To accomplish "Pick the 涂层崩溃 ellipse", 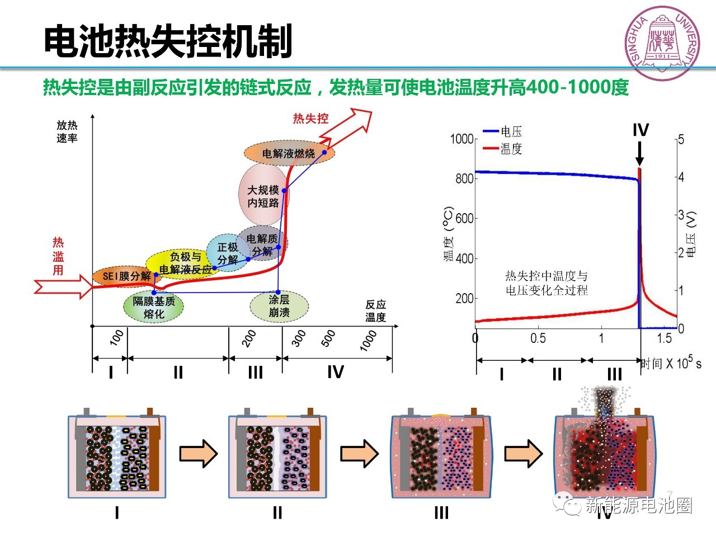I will pos(279,307).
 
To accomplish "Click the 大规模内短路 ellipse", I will pos(263,196).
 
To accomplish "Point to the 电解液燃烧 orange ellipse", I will pos(289,153).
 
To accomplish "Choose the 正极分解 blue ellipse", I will pos(228,253).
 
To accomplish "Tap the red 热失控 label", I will pos(310,119).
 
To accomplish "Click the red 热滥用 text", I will pos(58,256).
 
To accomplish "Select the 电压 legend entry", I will pos(503,131).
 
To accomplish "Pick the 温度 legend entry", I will pos(503,149).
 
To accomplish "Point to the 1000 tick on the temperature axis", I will pos(462,139).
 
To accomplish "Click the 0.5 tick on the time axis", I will pos(538,338).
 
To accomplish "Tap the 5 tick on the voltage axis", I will pos(681,139).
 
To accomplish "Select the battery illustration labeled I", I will pos(117,456).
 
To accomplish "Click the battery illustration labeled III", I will pos(441,456).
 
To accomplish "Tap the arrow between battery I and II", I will pos(198,453).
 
